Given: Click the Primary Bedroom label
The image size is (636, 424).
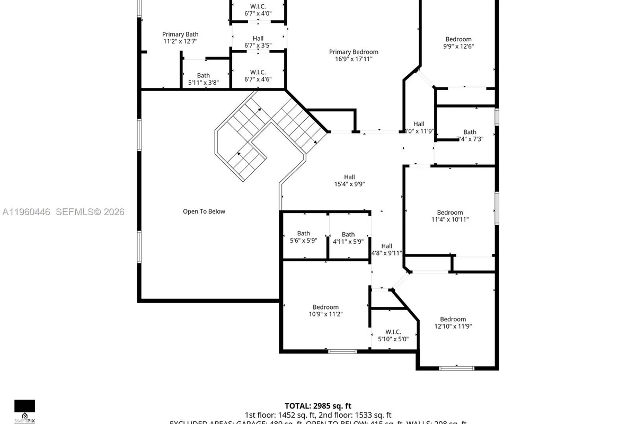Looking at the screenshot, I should point(354,52).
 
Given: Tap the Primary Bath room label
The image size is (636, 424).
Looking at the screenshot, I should point(180,34).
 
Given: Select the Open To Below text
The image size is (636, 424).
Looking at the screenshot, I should point(204,211).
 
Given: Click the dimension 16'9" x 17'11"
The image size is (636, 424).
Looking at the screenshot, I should point(354,59).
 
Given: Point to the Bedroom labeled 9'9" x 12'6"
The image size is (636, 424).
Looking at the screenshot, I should point(458,42).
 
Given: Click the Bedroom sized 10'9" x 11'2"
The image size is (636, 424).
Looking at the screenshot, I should point(325,311).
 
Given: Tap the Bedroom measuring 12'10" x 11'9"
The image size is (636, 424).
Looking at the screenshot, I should point(453,323).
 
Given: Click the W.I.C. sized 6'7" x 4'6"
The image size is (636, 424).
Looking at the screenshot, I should point(258,75).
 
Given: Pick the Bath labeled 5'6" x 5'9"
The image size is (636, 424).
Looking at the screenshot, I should point(304,237).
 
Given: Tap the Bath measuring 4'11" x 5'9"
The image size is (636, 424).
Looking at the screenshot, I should point(348,237).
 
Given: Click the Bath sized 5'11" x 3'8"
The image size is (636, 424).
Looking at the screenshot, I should point(204,79).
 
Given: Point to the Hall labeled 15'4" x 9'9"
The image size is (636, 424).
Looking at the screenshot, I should point(349,181).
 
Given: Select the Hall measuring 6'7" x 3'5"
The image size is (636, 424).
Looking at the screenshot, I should point(258,42).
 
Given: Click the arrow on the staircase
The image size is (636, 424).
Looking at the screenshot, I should point(240,154).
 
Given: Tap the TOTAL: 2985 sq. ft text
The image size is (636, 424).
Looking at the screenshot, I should point(318,405).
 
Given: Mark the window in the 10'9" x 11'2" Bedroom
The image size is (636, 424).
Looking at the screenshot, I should point(342,351).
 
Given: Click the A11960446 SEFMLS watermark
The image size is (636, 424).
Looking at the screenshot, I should point(63,212).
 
